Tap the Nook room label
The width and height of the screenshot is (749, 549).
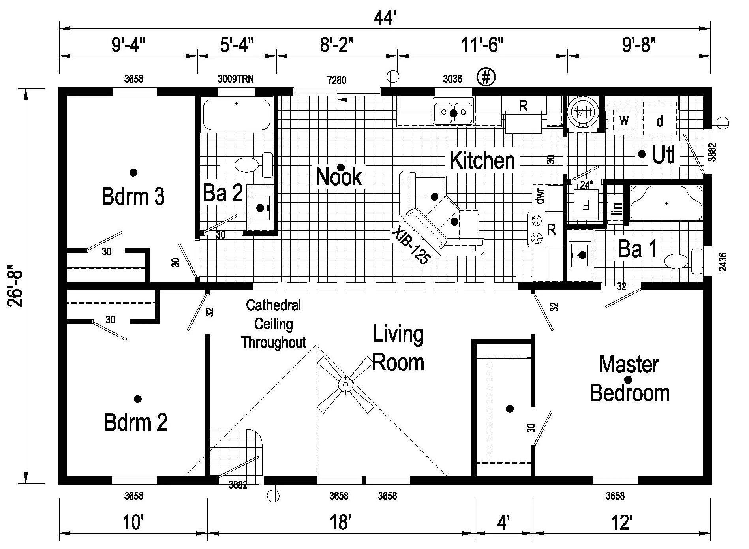[339, 177]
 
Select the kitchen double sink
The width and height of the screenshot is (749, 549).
[453, 112]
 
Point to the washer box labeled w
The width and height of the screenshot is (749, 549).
[624, 120]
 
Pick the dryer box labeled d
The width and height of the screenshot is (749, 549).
[660, 121]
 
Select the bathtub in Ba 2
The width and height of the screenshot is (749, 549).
[236, 115]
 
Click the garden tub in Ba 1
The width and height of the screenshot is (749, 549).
[666, 203]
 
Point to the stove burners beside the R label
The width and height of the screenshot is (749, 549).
[536, 230]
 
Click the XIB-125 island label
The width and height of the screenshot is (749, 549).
[411, 247]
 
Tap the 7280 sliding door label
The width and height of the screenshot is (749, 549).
[336, 80]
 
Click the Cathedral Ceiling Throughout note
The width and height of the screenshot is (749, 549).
[273, 323]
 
